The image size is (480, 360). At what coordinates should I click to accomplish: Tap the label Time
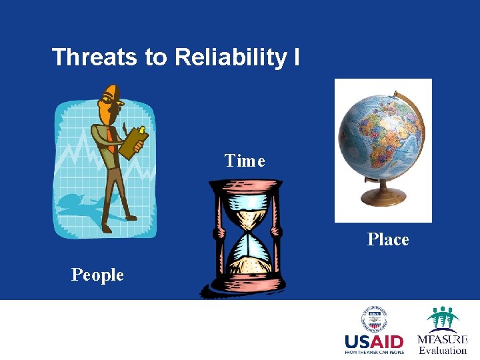[x=245, y=161]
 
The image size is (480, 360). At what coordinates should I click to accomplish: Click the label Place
[x=388, y=239]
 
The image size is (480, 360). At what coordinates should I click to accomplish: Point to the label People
[x=97, y=275]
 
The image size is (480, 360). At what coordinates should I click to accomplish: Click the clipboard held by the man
[x=133, y=141]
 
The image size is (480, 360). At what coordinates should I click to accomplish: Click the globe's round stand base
[x=383, y=197]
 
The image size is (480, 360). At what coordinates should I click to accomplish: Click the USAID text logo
[x=374, y=342]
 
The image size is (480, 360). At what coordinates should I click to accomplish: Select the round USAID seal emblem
[x=374, y=319]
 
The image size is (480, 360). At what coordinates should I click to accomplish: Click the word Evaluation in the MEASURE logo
[x=443, y=351]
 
